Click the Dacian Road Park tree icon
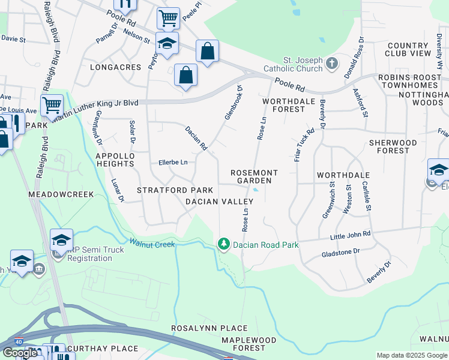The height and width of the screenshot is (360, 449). click(x=223, y=244)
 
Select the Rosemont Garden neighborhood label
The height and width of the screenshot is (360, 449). click(x=255, y=176)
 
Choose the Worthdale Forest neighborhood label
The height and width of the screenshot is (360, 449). click(x=289, y=106)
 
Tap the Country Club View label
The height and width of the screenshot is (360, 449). click(x=408, y=50)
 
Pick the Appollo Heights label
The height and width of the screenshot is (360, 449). click(x=114, y=160)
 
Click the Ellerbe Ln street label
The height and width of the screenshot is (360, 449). click(x=173, y=162)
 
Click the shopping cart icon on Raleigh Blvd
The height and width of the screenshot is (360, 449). click(x=52, y=106)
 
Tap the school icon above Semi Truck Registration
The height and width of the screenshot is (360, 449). click(x=61, y=240)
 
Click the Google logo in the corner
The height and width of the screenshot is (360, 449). click(x=20, y=353)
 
